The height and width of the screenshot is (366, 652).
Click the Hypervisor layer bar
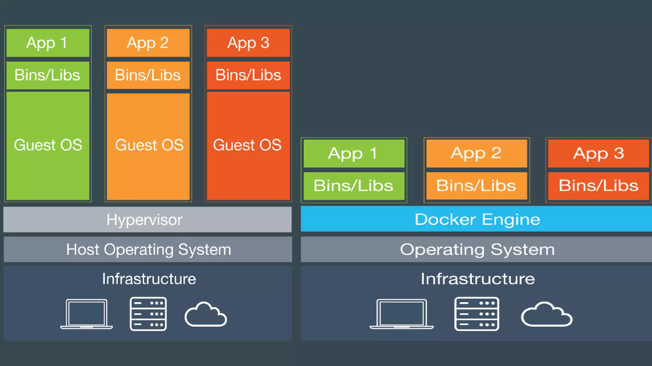point(147,220)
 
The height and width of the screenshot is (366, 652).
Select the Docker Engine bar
point(476,219)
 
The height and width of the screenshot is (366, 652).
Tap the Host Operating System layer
point(148,249)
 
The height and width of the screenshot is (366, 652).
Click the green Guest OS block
point(48,146)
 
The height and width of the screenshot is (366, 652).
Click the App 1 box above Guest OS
point(48,43)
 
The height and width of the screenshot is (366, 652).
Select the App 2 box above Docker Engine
point(477,153)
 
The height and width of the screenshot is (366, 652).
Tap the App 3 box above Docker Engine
point(599,153)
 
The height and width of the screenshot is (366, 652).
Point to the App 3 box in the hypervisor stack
point(248,43)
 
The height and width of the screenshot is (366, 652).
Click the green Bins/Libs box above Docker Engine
point(354,186)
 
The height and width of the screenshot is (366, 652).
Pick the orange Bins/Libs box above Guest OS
point(148,75)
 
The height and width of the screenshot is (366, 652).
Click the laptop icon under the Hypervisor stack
point(87,314)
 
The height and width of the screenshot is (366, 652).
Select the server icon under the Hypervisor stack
point(148,314)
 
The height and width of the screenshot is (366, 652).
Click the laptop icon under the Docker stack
point(401,314)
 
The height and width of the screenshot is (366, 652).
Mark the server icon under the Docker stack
point(477,314)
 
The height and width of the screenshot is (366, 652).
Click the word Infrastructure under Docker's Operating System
point(478,279)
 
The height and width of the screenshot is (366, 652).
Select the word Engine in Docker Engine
point(511,220)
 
